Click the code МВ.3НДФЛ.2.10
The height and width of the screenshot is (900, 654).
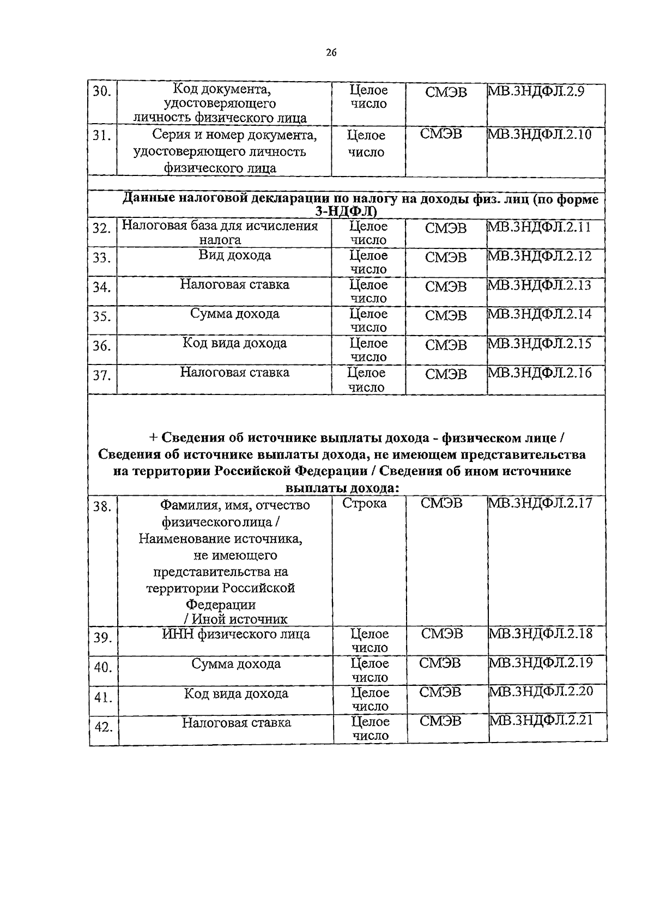(539, 135)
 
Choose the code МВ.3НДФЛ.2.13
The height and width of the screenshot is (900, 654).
(539, 285)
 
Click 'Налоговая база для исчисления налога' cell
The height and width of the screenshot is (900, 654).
(220, 233)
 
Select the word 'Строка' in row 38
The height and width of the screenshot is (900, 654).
(365, 503)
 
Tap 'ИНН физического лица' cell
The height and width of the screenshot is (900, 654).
(236, 634)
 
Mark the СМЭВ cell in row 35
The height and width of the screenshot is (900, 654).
(446, 315)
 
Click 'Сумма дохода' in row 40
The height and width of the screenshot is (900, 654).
(236, 664)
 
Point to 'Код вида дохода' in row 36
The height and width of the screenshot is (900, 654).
(234, 343)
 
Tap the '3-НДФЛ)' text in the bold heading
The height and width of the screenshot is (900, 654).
(347, 212)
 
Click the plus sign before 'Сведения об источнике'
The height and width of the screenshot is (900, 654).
(153, 438)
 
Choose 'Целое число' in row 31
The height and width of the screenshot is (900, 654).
(366, 143)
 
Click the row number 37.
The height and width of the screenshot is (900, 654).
(101, 375)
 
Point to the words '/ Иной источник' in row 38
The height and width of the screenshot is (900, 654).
(235, 619)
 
